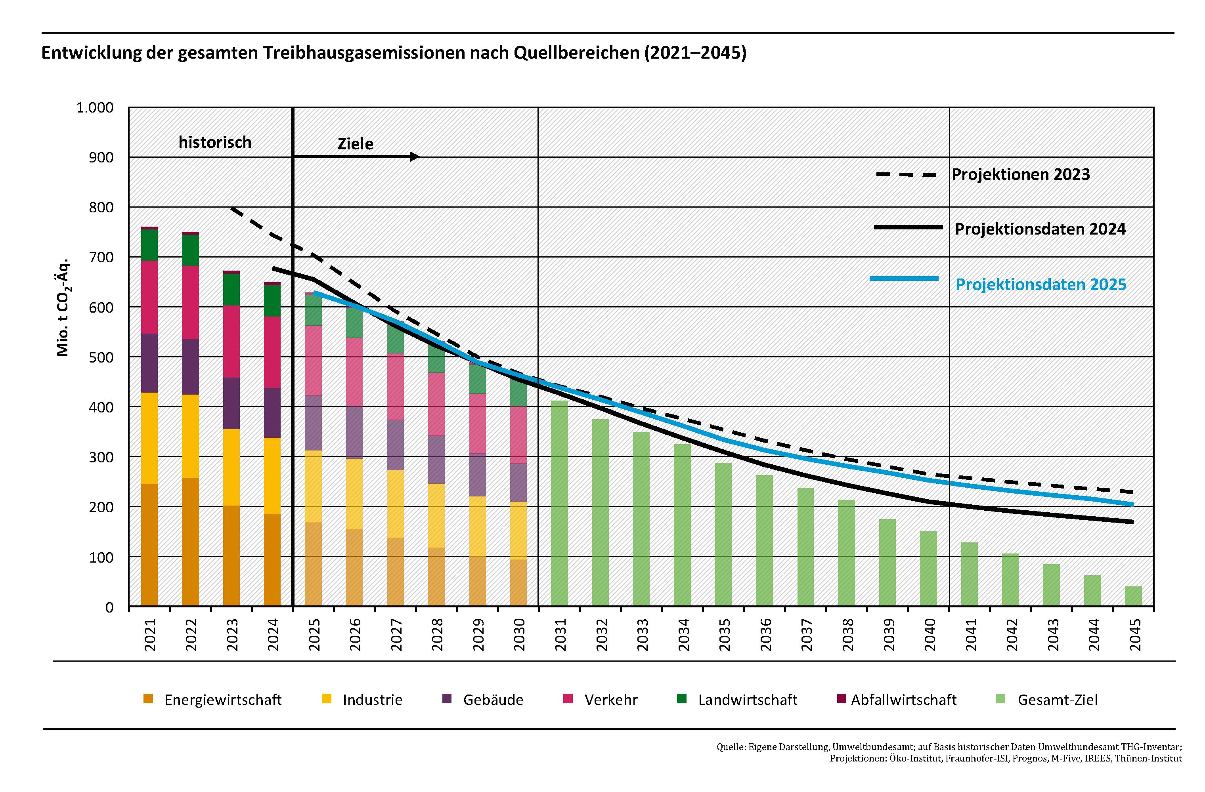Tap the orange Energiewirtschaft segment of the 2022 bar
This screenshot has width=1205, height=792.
point(190,542)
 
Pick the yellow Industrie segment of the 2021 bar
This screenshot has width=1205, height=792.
point(149,438)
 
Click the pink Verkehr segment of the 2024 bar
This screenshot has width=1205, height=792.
point(272,352)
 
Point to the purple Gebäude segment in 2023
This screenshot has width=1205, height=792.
point(231,403)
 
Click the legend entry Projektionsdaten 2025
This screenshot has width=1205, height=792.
point(1041,284)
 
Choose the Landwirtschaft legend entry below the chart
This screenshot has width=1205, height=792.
point(747,700)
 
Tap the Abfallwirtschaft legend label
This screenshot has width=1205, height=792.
point(903,700)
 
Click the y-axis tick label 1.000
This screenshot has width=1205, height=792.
point(95,108)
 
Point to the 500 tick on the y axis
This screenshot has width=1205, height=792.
point(103,357)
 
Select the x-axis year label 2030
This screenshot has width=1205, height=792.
point(519,635)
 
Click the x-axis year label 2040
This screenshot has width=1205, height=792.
point(929,635)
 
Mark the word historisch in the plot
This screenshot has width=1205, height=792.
point(215,142)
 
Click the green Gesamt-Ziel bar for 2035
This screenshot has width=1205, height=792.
point(723,534)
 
